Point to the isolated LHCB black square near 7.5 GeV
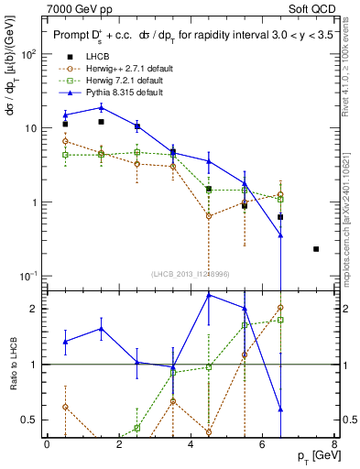[316, 248]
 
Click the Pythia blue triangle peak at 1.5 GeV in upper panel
[101, 107]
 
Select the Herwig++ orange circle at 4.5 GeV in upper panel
[209, 216]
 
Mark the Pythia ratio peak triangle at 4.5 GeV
[209, 295]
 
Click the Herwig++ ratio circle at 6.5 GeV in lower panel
[280, 308]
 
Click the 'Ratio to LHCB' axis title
[13, 364]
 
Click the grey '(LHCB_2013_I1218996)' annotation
[190, 274]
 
